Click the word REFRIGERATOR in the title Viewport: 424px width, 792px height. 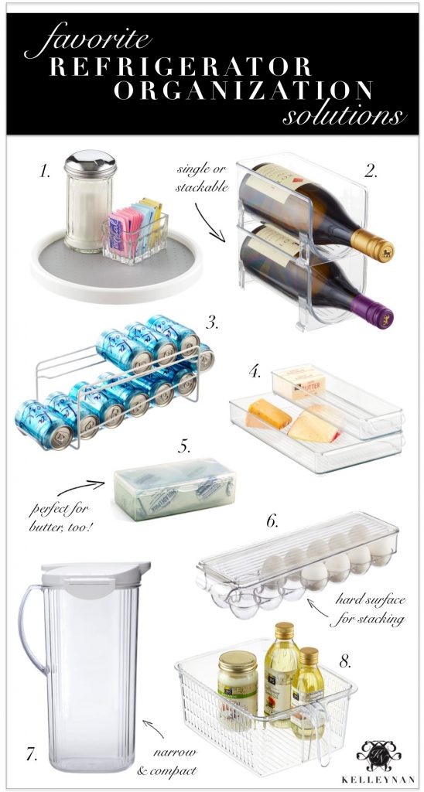click(181, 66)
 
